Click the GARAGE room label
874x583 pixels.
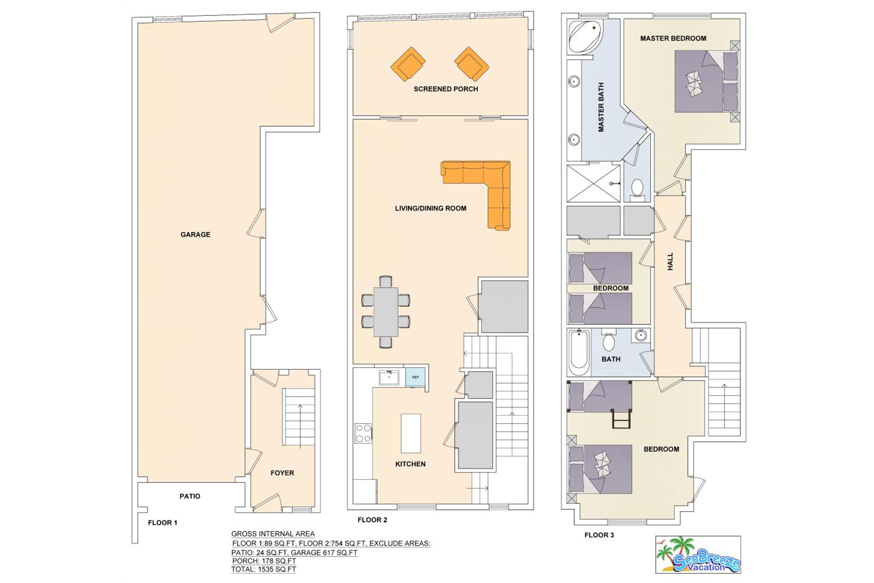[x=195, y=234]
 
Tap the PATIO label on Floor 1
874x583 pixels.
[x=190, y=496]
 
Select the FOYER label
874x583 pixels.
[x=282, y=473]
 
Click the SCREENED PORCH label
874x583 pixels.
[x=446, y=89]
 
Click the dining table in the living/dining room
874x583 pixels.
[x=386, y=312]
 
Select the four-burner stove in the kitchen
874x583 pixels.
[x=363, y=433]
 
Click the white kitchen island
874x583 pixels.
[x=411, y=433]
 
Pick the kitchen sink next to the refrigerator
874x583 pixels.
[x=389, y=377]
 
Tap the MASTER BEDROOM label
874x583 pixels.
[x=673, y=38]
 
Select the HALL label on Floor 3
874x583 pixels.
[x=670, y=261]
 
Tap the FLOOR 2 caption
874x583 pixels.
[x=372, y=520]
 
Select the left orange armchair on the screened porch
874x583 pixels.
[x=408, y=64]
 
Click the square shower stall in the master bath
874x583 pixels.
[x=593, y=183]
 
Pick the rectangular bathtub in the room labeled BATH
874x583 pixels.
[x=579, y=352]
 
